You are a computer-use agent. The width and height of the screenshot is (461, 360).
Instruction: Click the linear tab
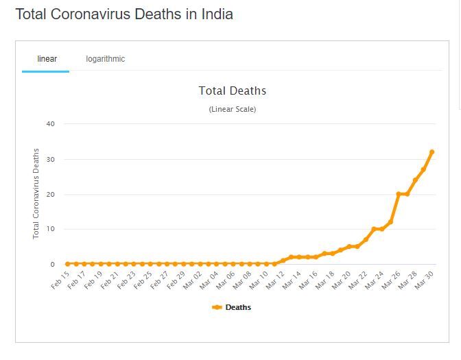point(47,59)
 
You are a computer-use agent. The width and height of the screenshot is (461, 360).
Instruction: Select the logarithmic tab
point(105,59)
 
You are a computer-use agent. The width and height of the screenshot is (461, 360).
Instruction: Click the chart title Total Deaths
point(232,91)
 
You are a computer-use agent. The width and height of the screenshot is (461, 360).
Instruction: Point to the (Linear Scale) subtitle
point(232,110)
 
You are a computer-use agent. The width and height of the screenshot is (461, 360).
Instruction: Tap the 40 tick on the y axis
point(50,124)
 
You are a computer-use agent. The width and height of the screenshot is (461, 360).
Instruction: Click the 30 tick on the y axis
point(50,159)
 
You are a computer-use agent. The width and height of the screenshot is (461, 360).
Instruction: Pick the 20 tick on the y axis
point(50,194)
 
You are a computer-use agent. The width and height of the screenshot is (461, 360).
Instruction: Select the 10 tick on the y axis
point(50,229)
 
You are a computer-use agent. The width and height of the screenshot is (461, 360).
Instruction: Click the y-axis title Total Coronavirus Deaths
point(36,194)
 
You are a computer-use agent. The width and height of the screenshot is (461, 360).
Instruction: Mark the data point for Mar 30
point(432,152)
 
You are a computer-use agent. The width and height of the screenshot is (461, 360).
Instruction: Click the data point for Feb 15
point(67,263)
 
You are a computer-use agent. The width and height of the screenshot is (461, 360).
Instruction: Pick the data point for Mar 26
point(399,194)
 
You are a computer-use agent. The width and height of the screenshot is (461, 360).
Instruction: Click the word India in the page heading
point(217,14)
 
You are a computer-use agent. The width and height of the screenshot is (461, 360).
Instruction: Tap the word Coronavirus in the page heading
point(91,14)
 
